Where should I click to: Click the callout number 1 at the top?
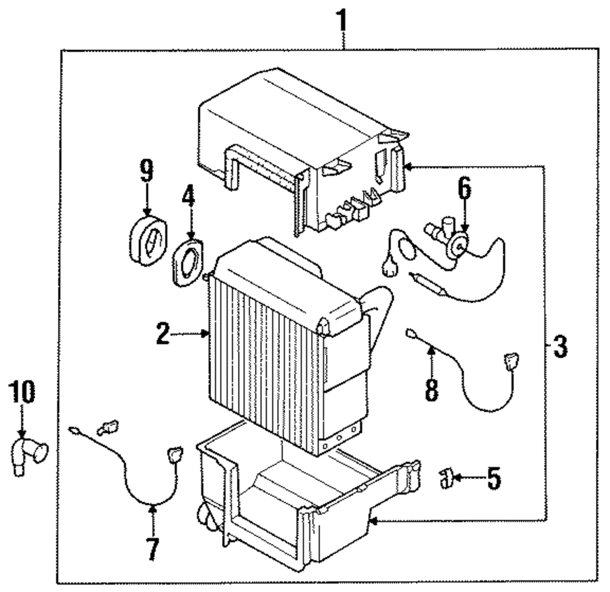(x=342, y=21)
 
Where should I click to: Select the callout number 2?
(x=163, y=334)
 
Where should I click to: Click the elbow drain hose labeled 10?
(x=29, y=456)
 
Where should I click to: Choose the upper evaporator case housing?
(x=303, y=152)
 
